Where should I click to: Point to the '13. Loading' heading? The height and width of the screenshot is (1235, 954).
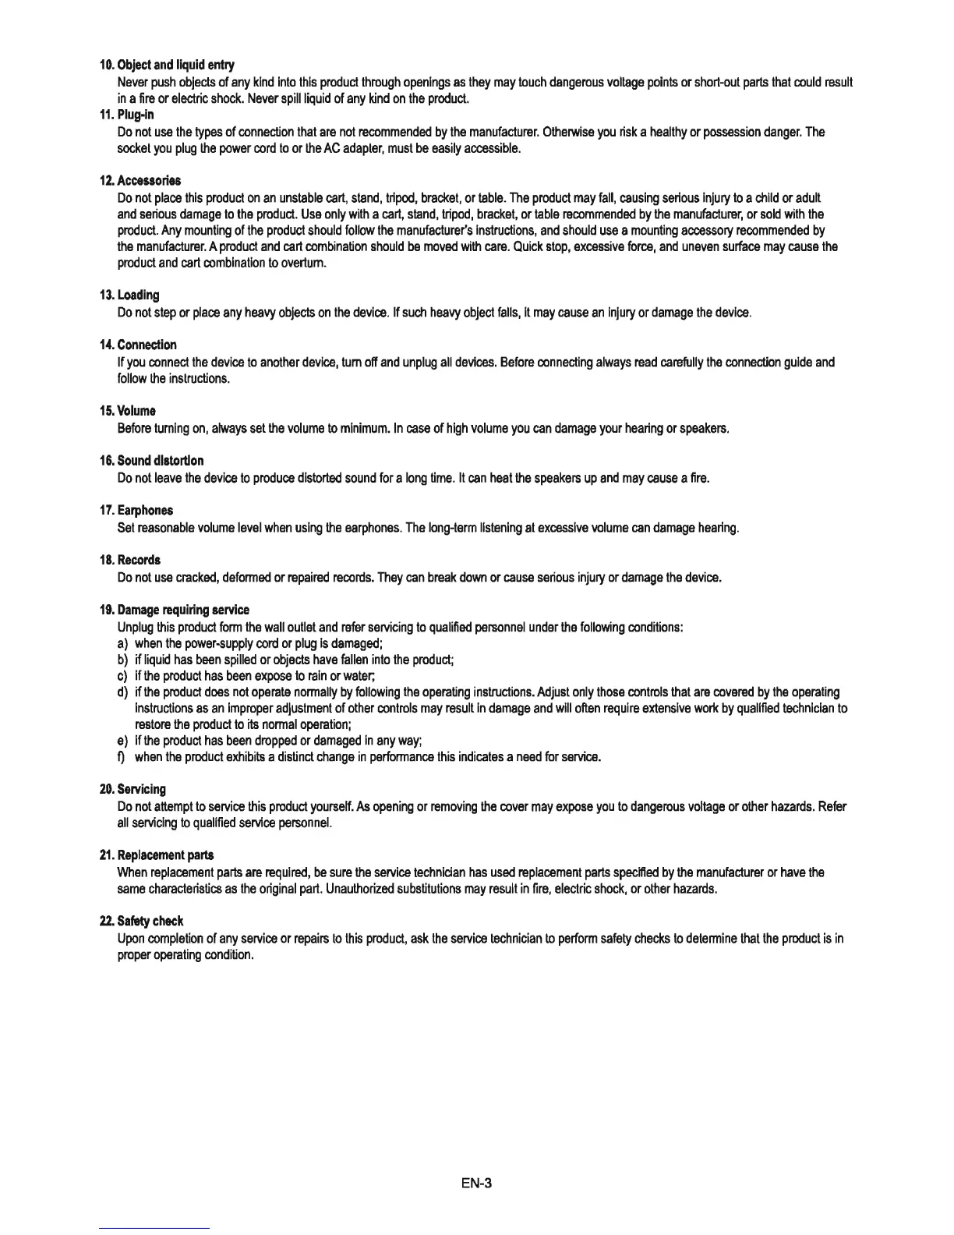129,295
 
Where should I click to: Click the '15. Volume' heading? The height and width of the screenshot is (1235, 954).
127,411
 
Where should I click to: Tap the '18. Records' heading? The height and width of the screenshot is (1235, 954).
129,560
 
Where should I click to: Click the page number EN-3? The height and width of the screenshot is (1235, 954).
476,1184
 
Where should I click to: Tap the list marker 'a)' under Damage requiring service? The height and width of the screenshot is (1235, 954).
122,643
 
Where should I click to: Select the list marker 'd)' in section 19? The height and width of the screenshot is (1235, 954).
122,692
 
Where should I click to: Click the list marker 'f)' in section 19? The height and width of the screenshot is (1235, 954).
122,757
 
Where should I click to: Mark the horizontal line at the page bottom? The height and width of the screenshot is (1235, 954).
155,1229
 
